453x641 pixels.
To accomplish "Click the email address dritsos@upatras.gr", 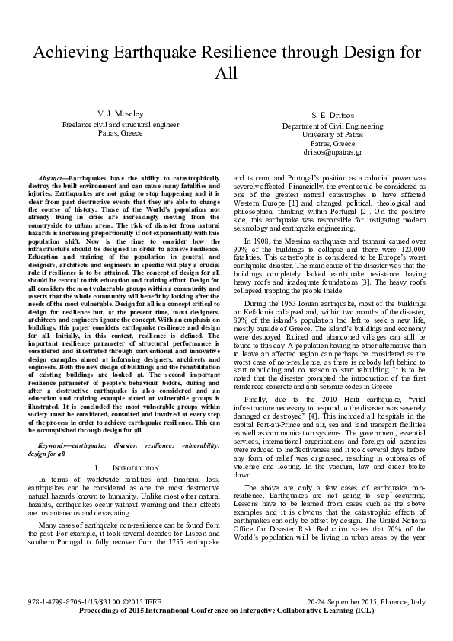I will tap(332, 152).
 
